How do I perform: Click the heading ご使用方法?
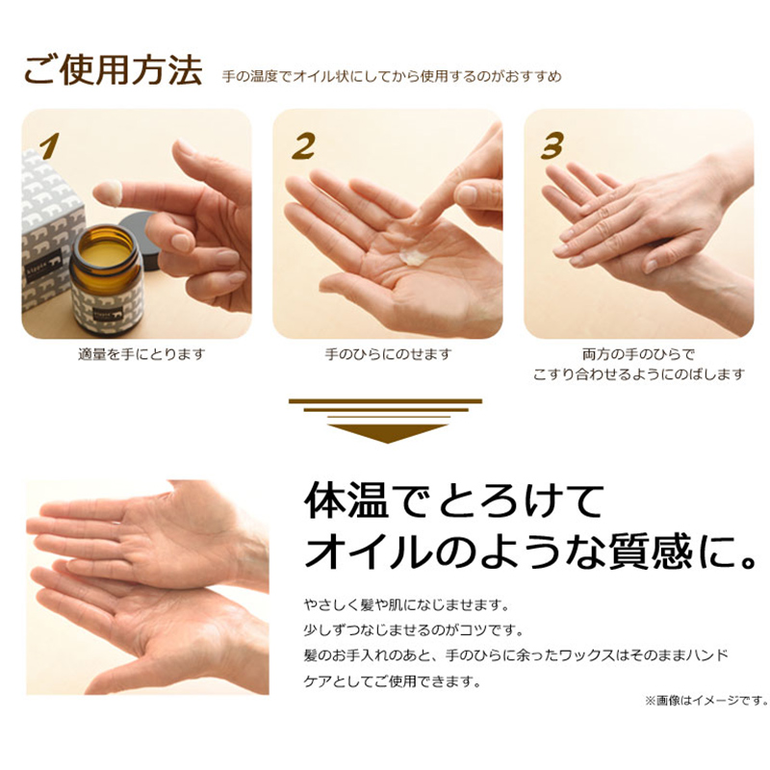(113, 70)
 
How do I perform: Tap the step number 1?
(50, 146)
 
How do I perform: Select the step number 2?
(303, 146)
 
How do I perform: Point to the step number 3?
(552, 145)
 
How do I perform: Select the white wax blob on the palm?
(413, 257)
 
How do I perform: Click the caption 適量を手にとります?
(141, 354)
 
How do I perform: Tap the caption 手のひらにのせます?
(388, 354)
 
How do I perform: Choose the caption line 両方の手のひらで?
(638, 354)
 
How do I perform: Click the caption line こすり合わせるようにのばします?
(639, 374)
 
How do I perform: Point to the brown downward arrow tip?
(388, 442)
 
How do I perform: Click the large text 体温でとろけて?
(453, 501)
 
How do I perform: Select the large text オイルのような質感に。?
(530, 552)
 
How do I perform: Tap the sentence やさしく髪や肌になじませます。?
(406, 605)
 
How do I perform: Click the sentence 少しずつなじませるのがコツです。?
(414, 630)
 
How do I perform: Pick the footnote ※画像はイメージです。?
(706, 701)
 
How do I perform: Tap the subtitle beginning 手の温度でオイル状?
(392, 77)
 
